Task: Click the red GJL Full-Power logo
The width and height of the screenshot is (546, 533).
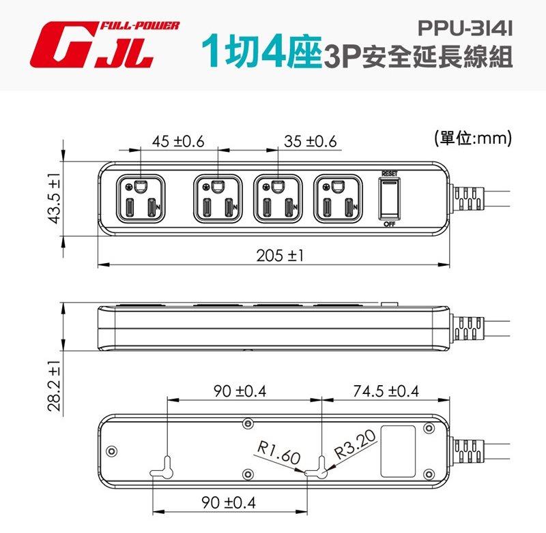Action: coord(104,44)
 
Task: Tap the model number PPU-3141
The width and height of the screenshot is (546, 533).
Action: coord(465,29)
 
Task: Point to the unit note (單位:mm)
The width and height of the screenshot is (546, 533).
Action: coord(473,138)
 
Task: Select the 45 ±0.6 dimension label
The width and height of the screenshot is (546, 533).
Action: coord(178,142)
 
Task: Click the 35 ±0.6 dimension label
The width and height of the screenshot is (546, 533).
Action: coord(311,142)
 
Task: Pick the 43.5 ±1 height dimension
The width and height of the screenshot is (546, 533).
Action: coord(55,198)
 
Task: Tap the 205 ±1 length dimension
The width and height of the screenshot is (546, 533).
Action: coord(280,256)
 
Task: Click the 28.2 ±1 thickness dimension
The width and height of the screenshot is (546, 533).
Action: coord(55,386)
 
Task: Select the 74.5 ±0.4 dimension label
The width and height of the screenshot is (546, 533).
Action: coord(386,391)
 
